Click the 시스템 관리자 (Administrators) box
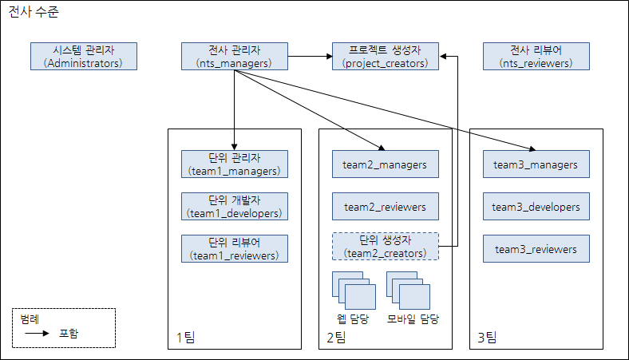pos(83,56)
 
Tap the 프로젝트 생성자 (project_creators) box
pos(386,56)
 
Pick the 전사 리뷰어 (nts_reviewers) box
pos(536,56)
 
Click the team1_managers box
pos(234,164)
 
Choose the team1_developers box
pos(234,206)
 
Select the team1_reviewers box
pos(234,248)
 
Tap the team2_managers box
pos(386,164)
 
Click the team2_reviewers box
pos(386,207)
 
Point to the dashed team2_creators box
pos(386,246)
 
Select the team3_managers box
pos(536,164)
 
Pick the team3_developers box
pos(536,207)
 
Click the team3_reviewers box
pos(536,249)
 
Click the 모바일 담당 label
pos(413,318)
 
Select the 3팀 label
pos(486,338)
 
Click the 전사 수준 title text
pos(34,13)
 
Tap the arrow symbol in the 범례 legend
pos(37,333)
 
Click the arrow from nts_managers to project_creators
pos(307,56)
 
